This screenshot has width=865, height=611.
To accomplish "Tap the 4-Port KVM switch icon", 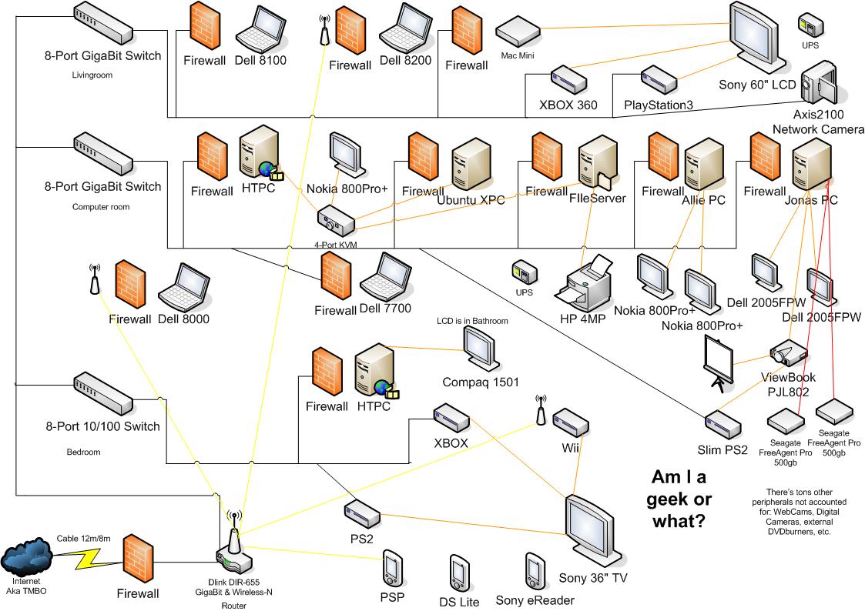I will [335, 222].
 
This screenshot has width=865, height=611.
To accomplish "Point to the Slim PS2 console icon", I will [723, 423].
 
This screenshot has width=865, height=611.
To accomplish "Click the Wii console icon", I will [570, 422].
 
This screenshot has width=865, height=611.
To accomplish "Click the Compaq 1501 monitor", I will [479, 348].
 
